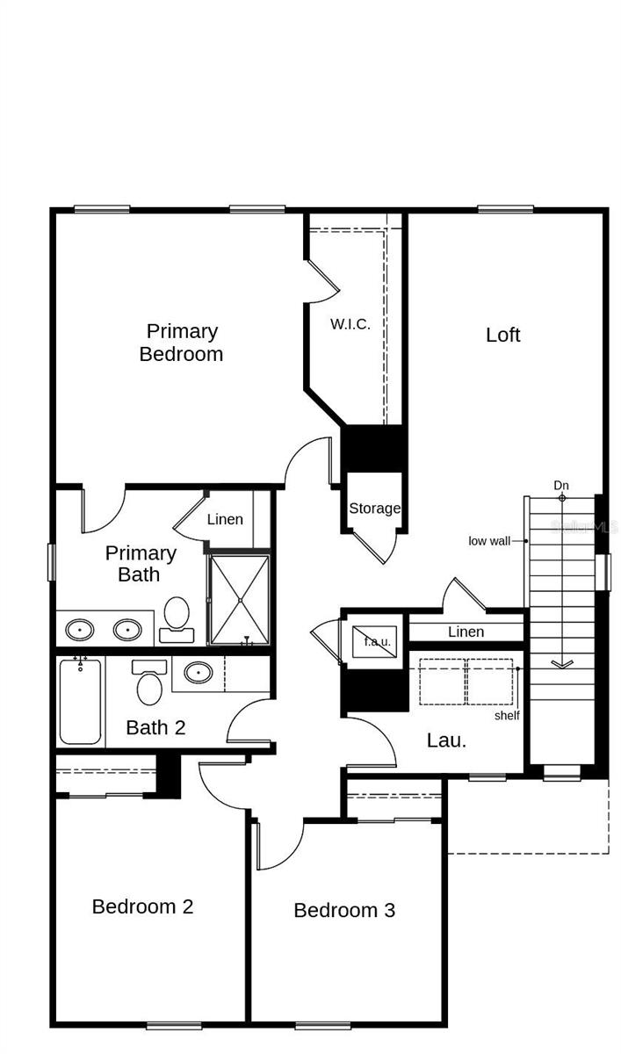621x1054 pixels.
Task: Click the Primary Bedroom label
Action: tap(182, 343)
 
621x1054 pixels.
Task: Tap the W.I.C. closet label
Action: tap(350, 323)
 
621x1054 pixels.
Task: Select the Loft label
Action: tap(503, 335)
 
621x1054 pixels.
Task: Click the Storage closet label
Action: tap(375, 508)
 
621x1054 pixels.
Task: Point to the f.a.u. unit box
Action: tap(376, 639)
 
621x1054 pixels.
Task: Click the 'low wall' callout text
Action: tap(489, 541)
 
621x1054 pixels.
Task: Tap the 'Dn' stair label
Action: tap(562, 485)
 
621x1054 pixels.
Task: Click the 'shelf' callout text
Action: tap(507, 715)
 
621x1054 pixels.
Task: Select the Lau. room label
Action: tap(446, 740)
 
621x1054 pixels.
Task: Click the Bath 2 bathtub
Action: tap(80, 701)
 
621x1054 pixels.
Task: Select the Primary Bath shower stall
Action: tap(238, 599)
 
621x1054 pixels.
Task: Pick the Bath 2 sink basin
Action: tap(198, 674)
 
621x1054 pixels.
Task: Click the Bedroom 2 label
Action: tap(142, 906)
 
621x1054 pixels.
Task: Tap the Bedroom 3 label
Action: tap(344, 910)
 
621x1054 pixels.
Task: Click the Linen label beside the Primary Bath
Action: tap(225, 519)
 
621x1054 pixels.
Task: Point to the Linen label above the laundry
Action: tap(466, 632)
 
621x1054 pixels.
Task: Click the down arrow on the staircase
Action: tap(561, 663)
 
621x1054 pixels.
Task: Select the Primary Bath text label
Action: tap(141, 564)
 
